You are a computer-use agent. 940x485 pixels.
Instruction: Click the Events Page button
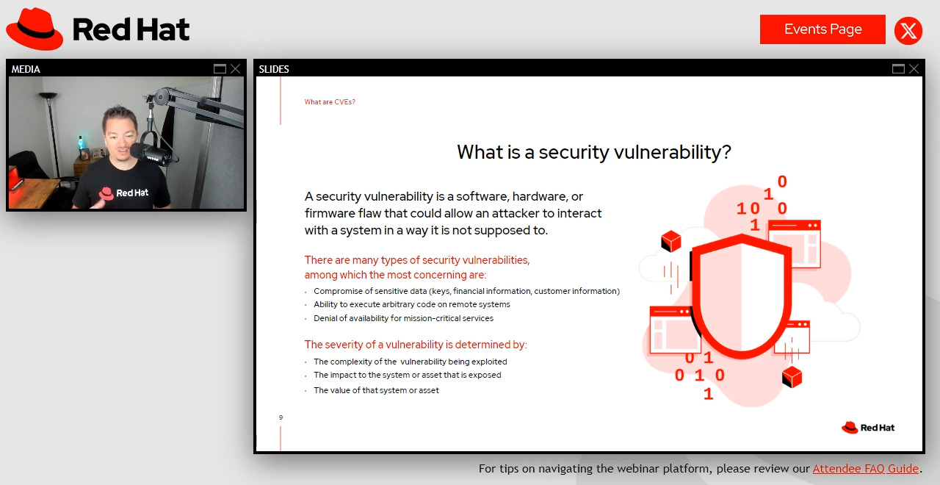tap(822, 29)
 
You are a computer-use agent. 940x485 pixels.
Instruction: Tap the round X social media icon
tap(908, 31)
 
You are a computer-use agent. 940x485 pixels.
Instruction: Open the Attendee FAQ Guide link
tap(865, 469)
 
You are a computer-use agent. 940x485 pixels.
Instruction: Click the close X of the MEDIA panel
tap(235, 69)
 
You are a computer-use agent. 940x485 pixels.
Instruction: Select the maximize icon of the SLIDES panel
tap(898, 69)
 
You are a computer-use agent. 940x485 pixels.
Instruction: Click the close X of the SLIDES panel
tap(914, 69)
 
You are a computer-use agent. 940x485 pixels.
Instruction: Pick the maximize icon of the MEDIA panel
tap(220, 69)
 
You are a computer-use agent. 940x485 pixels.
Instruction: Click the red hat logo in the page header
tap(35, 29)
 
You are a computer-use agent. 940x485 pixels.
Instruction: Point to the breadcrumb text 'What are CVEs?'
tap(330, 102)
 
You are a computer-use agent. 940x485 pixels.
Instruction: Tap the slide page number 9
tap(281, 417)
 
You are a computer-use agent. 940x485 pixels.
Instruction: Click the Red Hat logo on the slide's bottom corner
tap(868, 428)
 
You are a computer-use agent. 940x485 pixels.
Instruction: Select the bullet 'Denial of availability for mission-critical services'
tap(403, 319)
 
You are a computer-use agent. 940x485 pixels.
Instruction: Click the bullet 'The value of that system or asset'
tap(376, 390)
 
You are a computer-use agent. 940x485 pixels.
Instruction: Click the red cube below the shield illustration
tap(792, 377)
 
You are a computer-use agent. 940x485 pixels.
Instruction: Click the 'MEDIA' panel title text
tap(26, 69)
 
